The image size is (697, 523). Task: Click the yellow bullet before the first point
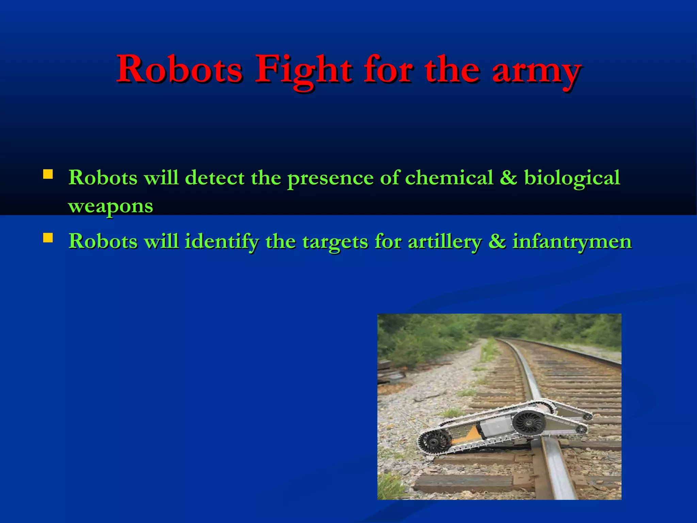[48, 175]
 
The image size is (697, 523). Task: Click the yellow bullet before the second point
[48, 238]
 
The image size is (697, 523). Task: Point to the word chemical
[449, 178]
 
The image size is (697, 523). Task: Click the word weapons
[111, 206]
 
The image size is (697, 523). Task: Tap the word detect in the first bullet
[214, 178]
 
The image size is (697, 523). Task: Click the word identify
[222, 242]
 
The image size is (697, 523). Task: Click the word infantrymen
[572, 242]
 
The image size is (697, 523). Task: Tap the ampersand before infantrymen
[497, 241]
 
